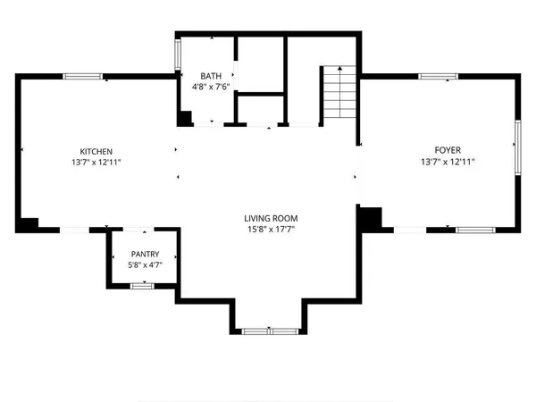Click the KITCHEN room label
(x=96, y=151)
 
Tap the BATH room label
(x=212, y=76)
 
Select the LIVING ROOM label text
(x=271, y=218)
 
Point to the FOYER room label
(x=448, y=151)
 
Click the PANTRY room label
(x=145, y=254)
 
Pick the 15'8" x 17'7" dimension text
(x=271, y=230)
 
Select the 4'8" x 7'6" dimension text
(x=212, y=87)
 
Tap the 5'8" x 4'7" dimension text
(x=145, y=264)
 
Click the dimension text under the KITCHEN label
(x=96, y=162)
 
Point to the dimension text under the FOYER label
(x=448, y=162)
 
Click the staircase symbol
(x=337, y=93)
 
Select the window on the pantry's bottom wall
(x=142, y=285)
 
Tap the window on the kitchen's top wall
(x=82, y=76)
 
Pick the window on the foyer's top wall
(x=440, y=76)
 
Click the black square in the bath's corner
(x=185, y=118)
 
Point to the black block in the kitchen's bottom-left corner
(x=28, y=224)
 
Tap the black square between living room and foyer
(x=370, y=218)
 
